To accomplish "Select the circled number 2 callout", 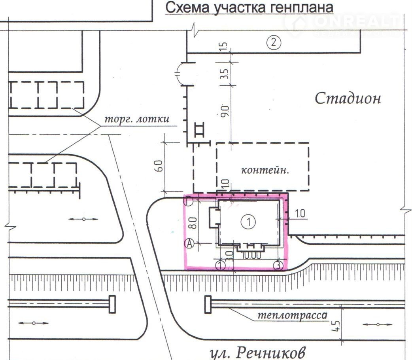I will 273,42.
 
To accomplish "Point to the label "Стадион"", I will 348,98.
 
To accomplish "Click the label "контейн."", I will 265,171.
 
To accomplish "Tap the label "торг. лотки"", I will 136,119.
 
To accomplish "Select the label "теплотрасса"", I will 292,315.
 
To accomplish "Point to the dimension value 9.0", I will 225,110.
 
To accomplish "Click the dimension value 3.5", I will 225,74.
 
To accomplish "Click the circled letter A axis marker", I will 190,244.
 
